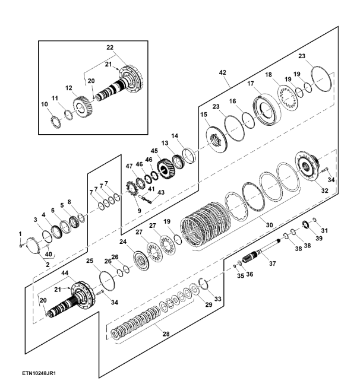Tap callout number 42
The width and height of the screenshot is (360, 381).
pos(223,72)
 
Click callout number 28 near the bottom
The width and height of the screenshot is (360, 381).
pos(166,334)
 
